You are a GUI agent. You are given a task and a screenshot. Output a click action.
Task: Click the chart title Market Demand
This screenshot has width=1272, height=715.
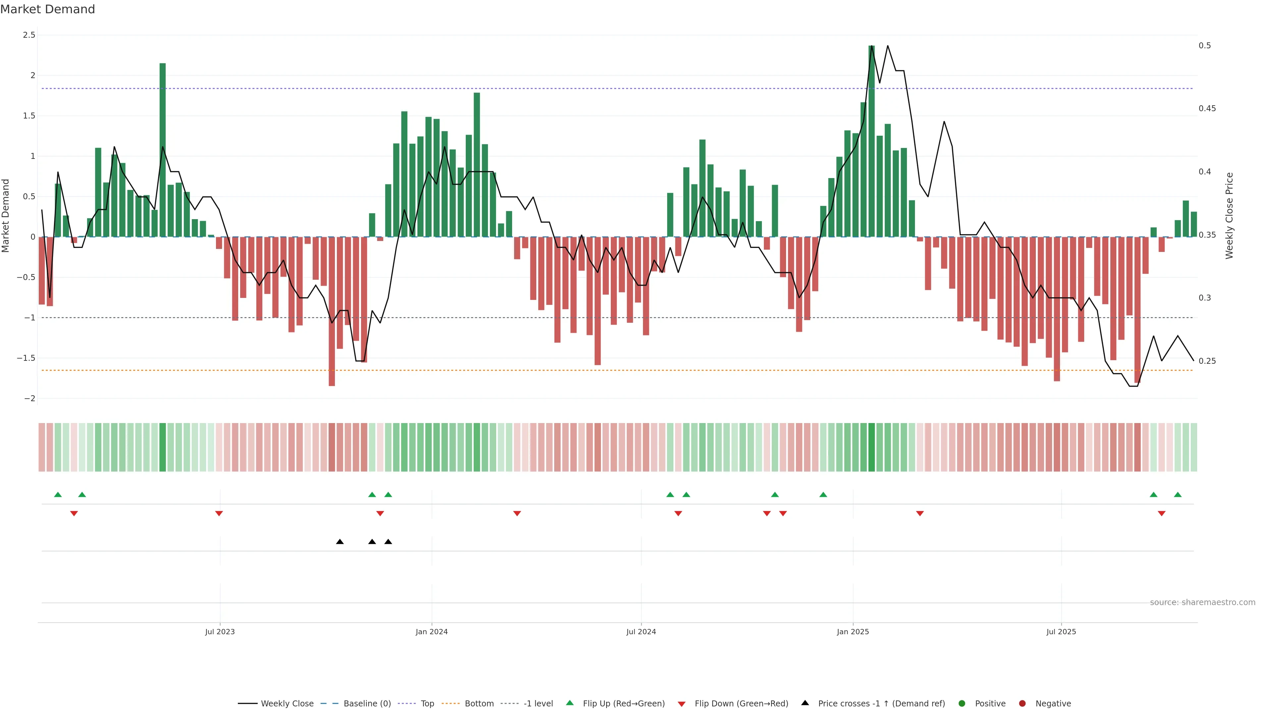(47, 9)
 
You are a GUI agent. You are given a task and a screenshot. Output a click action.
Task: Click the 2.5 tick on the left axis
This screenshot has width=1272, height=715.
(29, 35)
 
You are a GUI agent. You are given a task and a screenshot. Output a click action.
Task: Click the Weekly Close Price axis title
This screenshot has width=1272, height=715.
(1229, 215)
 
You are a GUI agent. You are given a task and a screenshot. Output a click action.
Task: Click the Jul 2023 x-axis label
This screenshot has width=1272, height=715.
(220, 632)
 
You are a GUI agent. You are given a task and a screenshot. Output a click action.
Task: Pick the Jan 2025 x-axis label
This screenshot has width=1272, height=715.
(853, 632)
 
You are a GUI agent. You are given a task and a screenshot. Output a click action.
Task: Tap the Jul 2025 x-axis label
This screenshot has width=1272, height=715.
(1061, 632)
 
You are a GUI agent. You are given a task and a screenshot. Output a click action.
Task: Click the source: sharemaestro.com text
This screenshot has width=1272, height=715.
(1202, 602)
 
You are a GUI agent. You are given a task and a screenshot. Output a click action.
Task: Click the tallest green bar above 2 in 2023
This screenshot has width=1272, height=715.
(162, 148)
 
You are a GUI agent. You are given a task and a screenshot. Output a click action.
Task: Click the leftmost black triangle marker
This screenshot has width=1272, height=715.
(340, 542)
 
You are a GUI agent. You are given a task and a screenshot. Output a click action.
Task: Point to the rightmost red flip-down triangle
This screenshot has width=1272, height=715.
(1161, 514)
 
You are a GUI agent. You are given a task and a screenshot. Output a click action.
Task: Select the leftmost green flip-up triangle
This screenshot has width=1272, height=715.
(58, 495)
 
